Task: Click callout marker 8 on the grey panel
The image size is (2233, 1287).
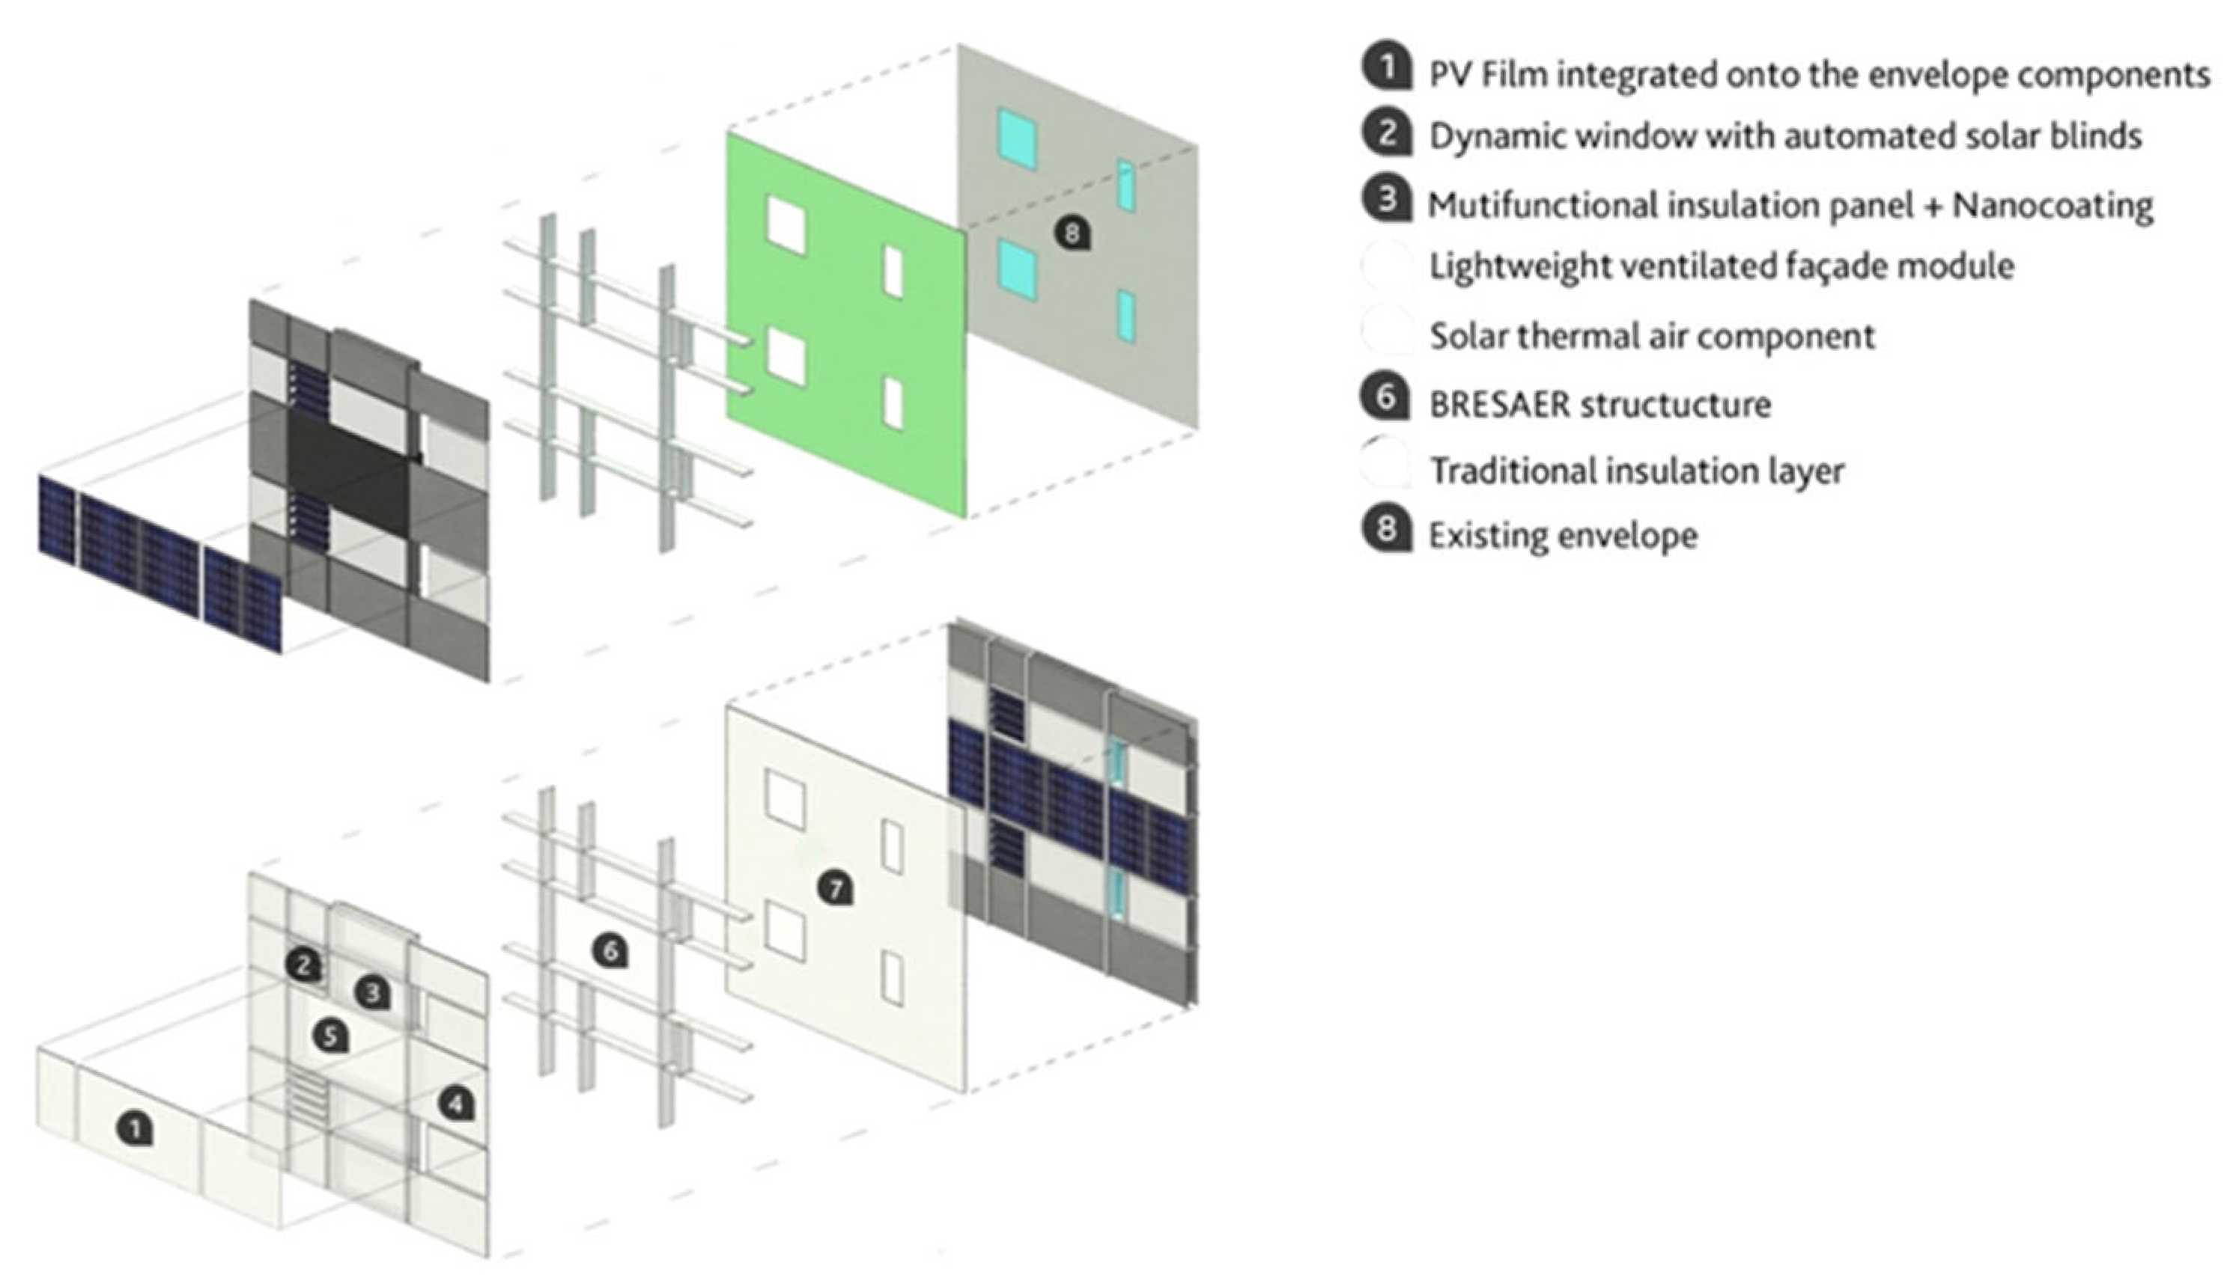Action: (x=1072, y=233)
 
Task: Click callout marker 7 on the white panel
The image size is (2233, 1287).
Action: (x=836, y=887)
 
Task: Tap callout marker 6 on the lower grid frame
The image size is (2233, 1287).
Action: (x=610, y=950)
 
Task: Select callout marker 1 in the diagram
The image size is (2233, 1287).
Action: (x=136, y=1129)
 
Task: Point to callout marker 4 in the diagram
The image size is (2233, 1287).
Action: (x=456, y=1102)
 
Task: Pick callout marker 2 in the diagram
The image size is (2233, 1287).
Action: (x=303, y=965)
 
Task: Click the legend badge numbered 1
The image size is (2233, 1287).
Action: (x=1387, y=67)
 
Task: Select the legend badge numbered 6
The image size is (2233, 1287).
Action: (x=1387, y=398)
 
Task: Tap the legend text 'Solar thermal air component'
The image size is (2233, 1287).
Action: (x=1651, y=336)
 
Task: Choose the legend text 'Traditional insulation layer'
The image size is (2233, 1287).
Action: (x=1636, y=470)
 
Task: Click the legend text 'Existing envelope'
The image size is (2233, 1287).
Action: (x=1563, y=536)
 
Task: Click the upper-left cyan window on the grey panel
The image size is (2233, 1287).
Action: (x=1017, y=138)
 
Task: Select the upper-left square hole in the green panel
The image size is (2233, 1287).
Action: (x=786, y=224)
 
